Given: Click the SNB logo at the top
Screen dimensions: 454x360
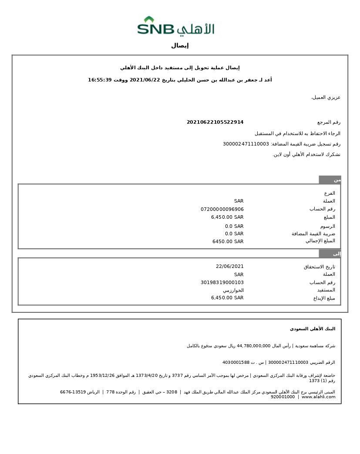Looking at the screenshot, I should click(176, 27).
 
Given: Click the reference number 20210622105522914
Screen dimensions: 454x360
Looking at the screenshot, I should click(215, 122).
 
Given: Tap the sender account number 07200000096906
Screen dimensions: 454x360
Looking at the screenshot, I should click(222, 209).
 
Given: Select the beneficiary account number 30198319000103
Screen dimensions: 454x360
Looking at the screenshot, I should click(222, 282).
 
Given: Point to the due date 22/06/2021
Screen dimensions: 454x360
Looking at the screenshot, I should click(229, 266).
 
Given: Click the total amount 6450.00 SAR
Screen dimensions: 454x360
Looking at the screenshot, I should click(228, 241).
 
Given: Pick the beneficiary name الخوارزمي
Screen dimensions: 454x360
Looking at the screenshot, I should click(233, 290).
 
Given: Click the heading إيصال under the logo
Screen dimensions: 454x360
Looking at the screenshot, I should click(180, 46).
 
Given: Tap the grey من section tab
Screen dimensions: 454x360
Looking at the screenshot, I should click(330, 180).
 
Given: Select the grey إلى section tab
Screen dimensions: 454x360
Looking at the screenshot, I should click(330, 254).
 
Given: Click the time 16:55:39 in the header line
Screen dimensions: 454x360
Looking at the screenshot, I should click(100, 80).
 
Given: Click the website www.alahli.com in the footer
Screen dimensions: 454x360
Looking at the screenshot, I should click(318, 397).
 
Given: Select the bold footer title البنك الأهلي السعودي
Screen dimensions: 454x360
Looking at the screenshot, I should click(313, 329).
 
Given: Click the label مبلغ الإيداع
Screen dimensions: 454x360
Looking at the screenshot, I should click(324, 298).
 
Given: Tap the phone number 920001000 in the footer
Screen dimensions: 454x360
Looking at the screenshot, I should click(283, 397).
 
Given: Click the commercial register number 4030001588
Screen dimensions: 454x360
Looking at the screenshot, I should click(236, 363).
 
